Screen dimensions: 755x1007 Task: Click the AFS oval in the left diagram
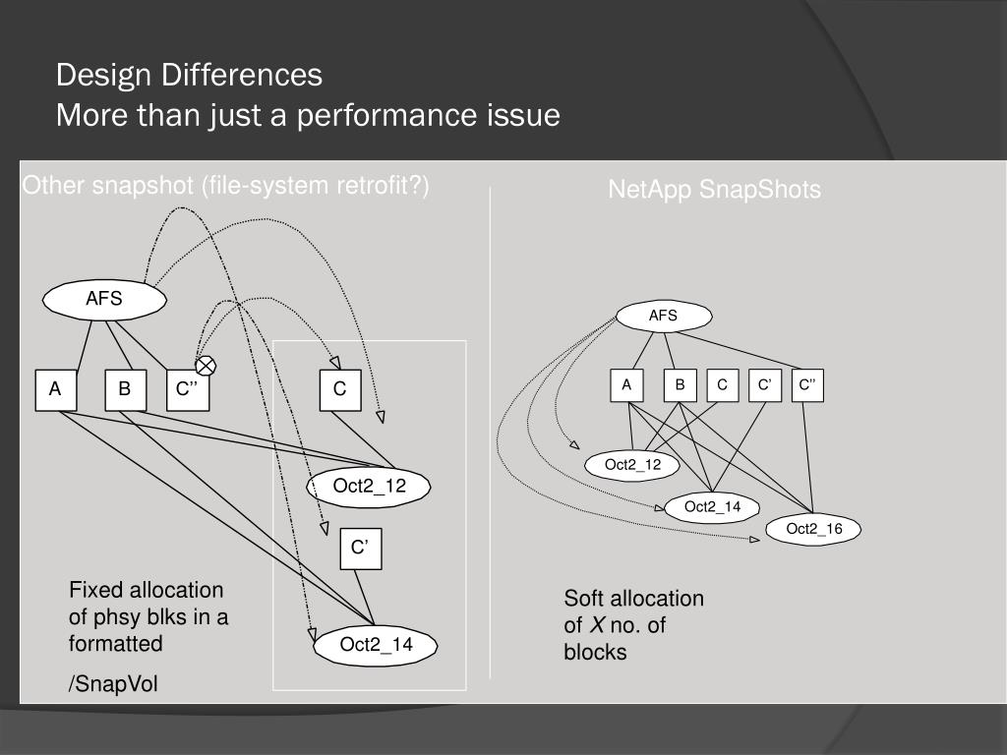coord(103,300)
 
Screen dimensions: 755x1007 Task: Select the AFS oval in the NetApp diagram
coord(663,316)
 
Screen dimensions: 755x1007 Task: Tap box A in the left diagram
coord(56,389)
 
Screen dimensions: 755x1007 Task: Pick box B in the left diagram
coord(125,389)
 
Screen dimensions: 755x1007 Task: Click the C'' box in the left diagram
coord(187,389)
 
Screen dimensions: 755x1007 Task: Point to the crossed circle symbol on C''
coord(206,366)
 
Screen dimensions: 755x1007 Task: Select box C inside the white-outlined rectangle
coord(339,389)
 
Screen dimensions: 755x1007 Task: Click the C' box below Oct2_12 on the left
coord(360,549)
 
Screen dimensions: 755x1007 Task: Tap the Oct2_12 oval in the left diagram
coord(369,486)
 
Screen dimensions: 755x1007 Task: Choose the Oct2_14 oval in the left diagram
coord(376,645)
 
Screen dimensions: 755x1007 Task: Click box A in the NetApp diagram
coord(626,385)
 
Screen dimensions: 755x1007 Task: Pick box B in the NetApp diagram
coord(680,385)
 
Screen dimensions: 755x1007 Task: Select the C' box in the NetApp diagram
coord(764,385)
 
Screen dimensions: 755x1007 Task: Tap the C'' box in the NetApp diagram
coord(807,385)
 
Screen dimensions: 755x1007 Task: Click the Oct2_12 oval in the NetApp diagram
coord(632,465)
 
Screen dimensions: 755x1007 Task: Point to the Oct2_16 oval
coord(814,530)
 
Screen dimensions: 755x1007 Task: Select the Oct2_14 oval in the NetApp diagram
coord(712,507)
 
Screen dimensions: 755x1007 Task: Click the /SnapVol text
coord(113,684)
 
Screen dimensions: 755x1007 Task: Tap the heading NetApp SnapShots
coord(714,190)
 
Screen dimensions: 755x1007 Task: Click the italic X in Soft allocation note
coord(596,625)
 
